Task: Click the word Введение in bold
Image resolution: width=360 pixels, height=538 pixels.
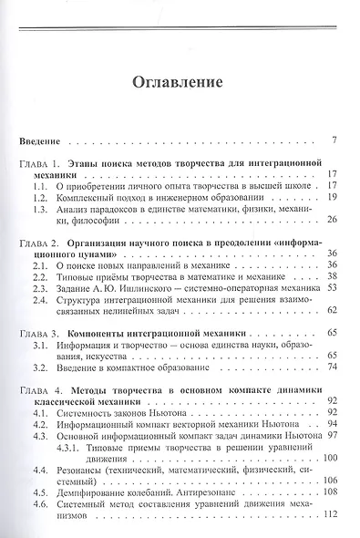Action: [39, 141]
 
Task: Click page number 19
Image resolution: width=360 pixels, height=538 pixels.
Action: [333, 196]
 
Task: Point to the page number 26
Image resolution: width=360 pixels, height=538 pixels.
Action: [333, 220]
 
